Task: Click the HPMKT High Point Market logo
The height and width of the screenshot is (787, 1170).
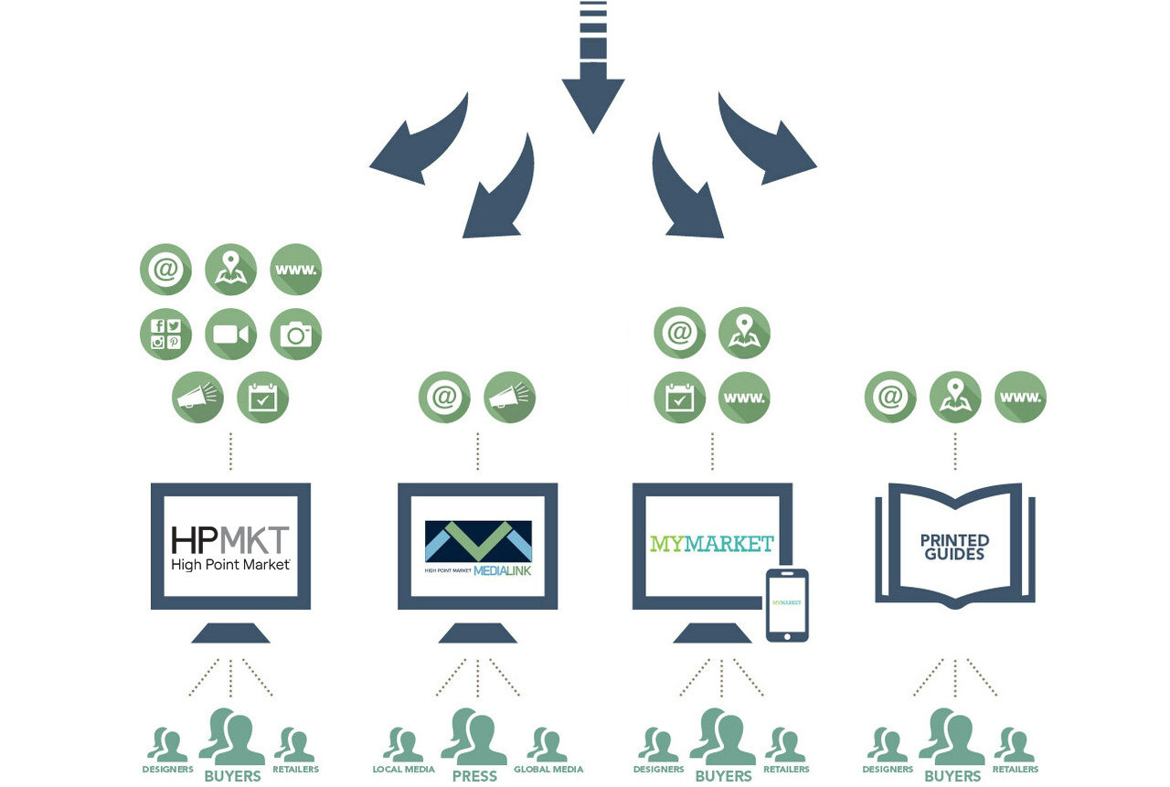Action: point(230,547)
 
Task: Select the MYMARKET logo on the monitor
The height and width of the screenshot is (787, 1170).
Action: point(711,544)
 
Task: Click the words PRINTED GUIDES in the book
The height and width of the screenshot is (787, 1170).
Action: point(953,547)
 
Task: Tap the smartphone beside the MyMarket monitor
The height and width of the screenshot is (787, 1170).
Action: point(787,605)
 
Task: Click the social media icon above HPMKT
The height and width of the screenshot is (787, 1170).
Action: point(165,334)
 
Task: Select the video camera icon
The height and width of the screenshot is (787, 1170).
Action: point(230,334)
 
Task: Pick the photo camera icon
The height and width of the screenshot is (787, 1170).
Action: point(296,334)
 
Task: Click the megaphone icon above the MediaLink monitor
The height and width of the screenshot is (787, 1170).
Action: point(509,397)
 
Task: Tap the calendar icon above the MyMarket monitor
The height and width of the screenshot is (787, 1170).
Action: point(679,398)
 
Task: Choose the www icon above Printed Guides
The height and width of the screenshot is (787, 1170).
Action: point(1020,397)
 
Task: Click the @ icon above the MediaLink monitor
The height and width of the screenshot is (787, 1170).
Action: point(444,397)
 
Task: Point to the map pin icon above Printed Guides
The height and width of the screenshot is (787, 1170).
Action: point(955,397)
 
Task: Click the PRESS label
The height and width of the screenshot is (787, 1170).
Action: point(474,776)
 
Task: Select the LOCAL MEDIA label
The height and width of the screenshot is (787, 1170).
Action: point(403,770)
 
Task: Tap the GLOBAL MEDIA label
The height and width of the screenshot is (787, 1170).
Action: point(548,770)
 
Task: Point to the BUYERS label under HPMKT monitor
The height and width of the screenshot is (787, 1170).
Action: point(232,776)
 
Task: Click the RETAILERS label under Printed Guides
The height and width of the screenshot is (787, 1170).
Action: point(1016,770)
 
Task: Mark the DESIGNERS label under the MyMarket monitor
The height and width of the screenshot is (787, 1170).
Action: point(658,770)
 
